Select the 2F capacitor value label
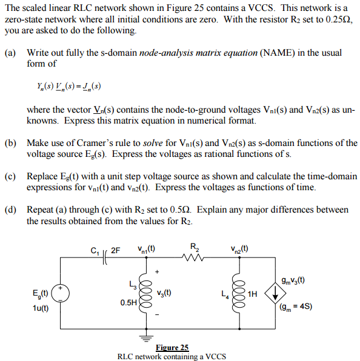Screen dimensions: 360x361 point(116,249)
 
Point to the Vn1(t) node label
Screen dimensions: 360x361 point(146,248)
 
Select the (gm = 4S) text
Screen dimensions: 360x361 point(296,306)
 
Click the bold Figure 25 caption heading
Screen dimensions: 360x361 point(172,348)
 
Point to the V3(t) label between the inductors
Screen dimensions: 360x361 point(164,293)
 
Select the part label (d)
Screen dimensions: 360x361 point(10,210)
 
